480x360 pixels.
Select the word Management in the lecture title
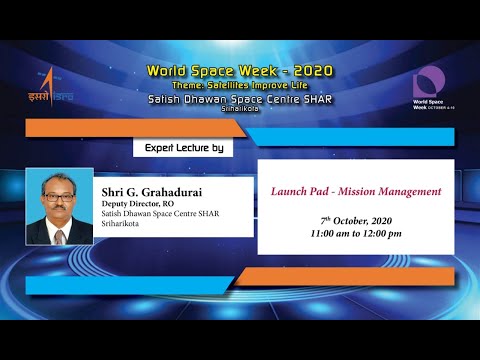click(x=407, y=190)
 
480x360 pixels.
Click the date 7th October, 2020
click(x=355, y=219)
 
